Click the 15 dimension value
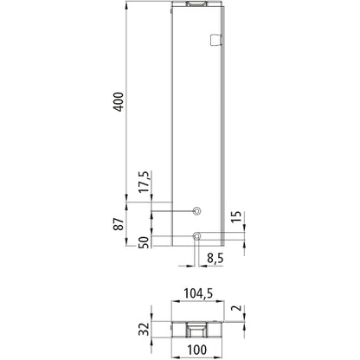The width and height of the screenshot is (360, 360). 236,216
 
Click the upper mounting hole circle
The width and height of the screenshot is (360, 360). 196,211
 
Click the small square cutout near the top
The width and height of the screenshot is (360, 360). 216,39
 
